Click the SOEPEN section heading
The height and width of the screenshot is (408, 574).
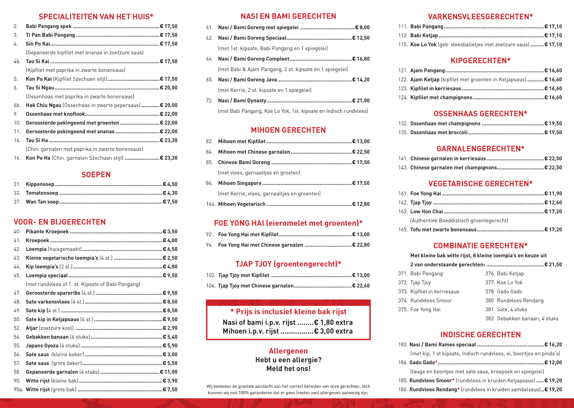pyautogui.click(x=96, y=175)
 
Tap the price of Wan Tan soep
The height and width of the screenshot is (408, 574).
pyautogui.click(x=170, y=202)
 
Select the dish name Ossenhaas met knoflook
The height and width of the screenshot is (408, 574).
pyautogui.click(x=55, y=114)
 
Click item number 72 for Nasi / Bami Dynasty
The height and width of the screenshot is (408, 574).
pyautogui.click(x=209, y=101)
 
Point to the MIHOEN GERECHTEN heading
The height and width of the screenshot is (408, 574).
pyautogui.click(x=288, y=130)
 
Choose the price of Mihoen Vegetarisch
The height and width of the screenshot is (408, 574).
pyautogui.click(x=361, y=204)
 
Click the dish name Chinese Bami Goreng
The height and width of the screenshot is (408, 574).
pyautogui.click(x=244, y=163)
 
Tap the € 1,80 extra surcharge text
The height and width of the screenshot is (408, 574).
pyautogui.click(x=333, y=322)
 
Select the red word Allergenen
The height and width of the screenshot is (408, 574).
pyautogui.click(x=288, y=351)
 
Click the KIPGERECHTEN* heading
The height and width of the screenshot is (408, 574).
pyautogui.click(x=480, y=61)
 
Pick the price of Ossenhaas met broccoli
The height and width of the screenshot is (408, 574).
pyautogui.click(x=553, y=133)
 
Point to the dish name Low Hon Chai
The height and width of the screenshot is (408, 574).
pyautogui.click(x=426, y=211)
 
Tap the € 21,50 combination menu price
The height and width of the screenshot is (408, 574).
pyautogui.click(x=553, y=264)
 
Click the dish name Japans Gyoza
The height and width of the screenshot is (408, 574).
pyautogui.click(x=42, y=346)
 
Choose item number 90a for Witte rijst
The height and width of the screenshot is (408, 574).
pyautogui.click(x=18, y=390)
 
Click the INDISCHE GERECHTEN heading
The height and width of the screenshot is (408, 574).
pyautogui.click(x=480, y=335)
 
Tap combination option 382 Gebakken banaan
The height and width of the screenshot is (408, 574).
pyautogui.click(x=521, y=319)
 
